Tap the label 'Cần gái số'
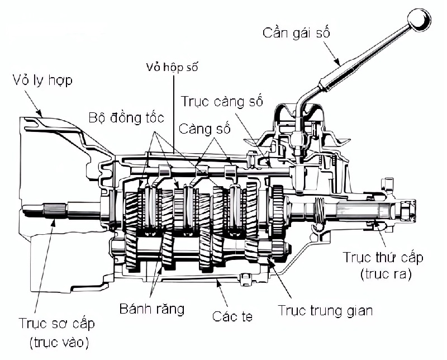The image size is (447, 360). click(x=297, y=32)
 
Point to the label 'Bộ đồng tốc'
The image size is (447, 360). click(x=126, y=118)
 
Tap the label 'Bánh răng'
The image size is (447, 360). click(x=152, y=309)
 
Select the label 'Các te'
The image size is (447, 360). click(x=232, y=316)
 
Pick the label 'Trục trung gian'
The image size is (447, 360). click(x=325, y=311)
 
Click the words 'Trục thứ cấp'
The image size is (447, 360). click(x=383, y=258)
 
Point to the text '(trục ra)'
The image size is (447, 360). click(x=383, y=274)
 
